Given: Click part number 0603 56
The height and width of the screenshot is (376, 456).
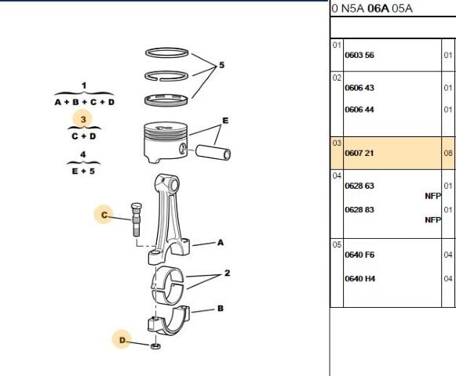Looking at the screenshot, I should tap(359, 56).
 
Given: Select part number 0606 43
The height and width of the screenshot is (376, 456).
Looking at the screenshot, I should tap(359, 88).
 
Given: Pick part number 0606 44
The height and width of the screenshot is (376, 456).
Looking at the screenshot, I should tap(359, 110).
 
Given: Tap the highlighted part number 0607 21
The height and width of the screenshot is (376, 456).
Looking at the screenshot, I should tap(359, 153).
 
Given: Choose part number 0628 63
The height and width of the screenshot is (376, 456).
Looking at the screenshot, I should tap(359, 186).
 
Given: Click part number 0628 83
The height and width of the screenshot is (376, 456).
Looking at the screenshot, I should tap(359, 210).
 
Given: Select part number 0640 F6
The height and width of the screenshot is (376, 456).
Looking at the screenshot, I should tap(359, 255).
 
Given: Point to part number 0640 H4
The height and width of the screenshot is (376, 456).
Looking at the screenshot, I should tap(359, 278).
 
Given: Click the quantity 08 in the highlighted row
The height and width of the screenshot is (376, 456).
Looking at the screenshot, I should tap(448, 153).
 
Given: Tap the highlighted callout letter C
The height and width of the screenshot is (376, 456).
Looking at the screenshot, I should tap(104, 215).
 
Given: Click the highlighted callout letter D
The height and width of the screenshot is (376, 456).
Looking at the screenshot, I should tap(122, 339).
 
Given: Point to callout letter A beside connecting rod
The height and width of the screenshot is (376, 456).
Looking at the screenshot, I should tap(221, 243).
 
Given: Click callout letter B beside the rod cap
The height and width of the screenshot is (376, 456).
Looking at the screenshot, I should tap(221, 309).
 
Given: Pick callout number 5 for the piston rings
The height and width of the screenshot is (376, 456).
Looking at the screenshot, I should tap(221, 65).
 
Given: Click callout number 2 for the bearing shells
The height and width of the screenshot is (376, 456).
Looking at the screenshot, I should tap(226, 273).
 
